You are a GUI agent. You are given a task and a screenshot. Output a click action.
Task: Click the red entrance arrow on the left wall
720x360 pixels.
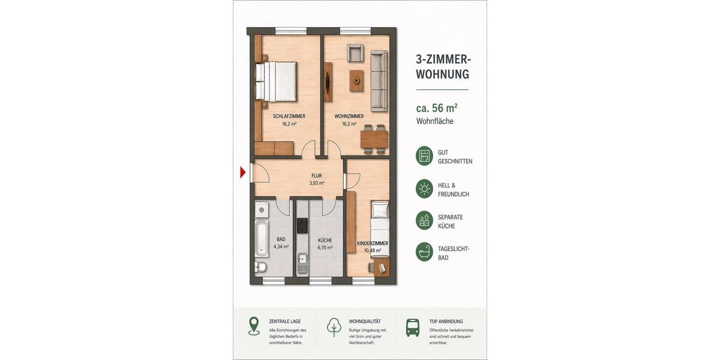(x=243, y=173)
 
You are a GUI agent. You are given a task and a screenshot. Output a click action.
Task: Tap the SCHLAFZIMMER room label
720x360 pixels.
(x=289, y=116)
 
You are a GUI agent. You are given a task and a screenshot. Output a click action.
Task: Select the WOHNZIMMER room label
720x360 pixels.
(x=349, y=116)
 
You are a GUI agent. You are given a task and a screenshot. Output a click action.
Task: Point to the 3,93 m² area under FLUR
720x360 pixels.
(x=317, y=184)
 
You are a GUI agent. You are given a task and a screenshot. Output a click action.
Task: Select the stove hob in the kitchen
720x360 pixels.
(x=302, y=226)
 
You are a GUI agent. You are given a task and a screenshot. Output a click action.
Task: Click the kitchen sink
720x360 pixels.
(x=302, y=262)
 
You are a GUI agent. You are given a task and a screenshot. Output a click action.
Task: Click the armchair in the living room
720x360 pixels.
(x=355, y=53)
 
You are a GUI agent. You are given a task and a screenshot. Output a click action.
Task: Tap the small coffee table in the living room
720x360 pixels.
(x=356, y=79)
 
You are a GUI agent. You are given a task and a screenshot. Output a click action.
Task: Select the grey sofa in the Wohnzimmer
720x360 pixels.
(x=378, y=81)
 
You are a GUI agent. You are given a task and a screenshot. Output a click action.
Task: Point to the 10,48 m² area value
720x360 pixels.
(x=373, y=251)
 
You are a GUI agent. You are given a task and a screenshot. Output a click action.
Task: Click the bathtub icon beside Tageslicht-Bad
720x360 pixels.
(x=424, y=251)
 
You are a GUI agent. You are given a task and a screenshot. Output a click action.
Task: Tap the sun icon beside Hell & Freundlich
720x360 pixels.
(x=424, y=189)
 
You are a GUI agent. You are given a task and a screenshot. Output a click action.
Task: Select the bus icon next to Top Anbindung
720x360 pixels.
(x=413, y=327)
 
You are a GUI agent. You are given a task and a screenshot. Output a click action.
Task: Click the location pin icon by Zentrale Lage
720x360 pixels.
(x=254, y=326)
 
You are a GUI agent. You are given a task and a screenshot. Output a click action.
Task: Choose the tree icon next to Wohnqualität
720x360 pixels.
(x=334, y=327)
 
